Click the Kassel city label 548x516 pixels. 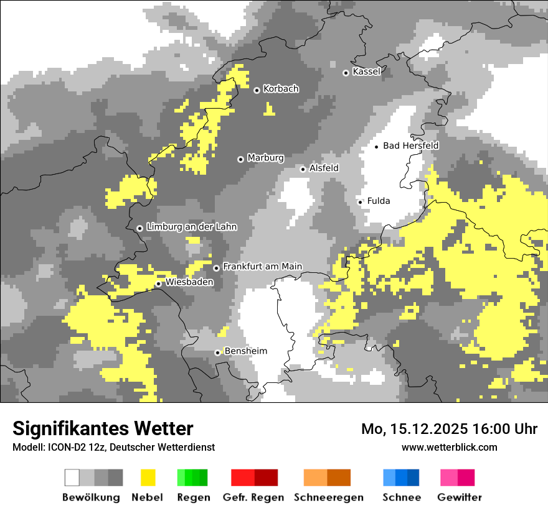tap(366, 71)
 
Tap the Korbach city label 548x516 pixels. tap(281, 89)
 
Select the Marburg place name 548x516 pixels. tap(265, 158)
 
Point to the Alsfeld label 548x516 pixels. tap(324, 168)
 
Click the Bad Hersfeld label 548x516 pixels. tap(410, 145)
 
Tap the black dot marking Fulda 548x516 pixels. tap(360, 201)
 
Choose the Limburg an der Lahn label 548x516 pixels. tap(191, 227)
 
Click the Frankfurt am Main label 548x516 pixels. tap(262, 266)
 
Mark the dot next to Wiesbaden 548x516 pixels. tap(159, 284)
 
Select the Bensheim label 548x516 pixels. tap(245, 351)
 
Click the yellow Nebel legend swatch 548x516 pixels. tap(148, 477)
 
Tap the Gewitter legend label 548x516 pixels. tap(459, 497)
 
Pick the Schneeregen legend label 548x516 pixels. tap(328, 497)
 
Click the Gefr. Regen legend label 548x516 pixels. tap(253, 497)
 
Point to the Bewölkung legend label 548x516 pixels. tap(91, 497)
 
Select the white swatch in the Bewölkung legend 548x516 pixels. tap(72, 477)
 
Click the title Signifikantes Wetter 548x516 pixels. tap(103, 428)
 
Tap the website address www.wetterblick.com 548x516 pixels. tap(450, 447)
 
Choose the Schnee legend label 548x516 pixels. tap(402, 497)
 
